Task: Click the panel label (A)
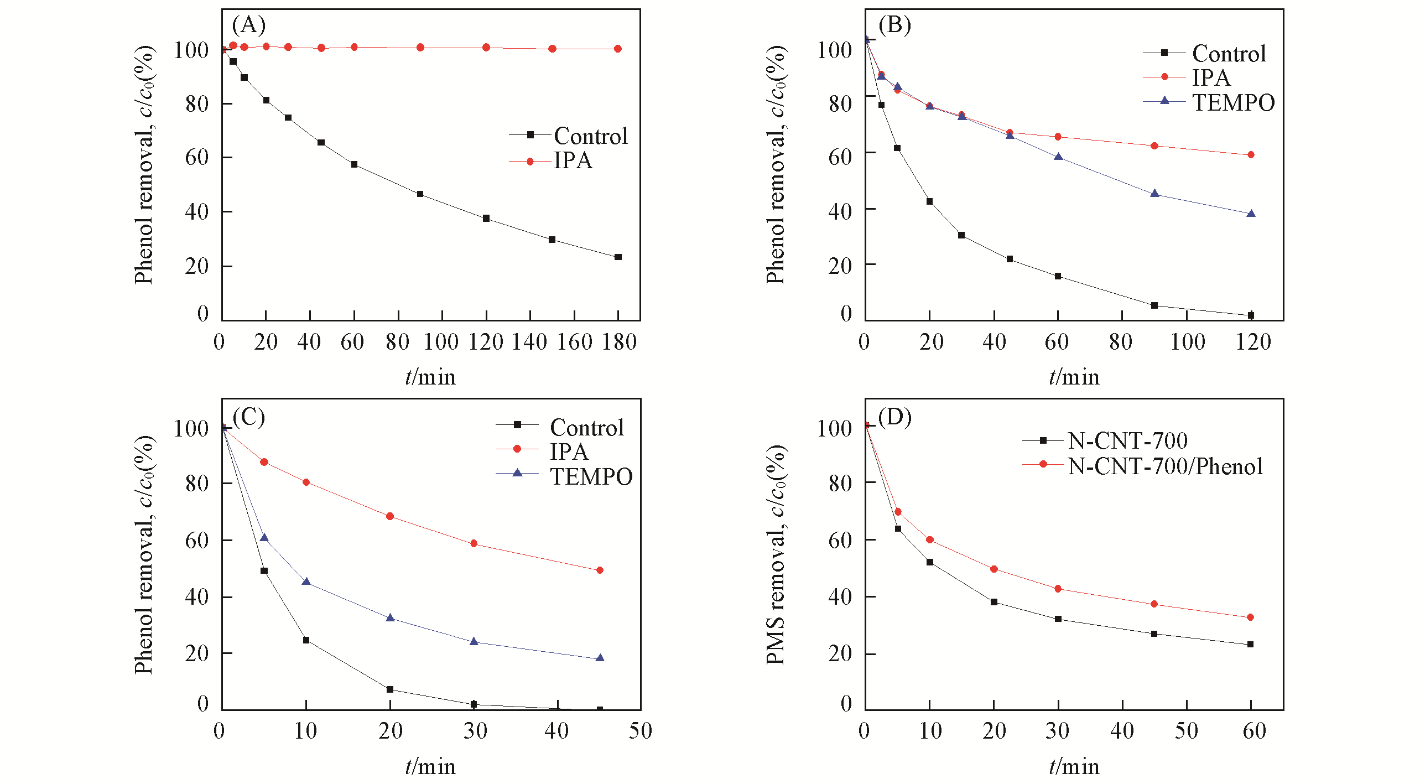pos(248,25)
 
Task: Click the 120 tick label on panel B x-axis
pos(1253,342)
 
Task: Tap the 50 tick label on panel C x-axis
pos(641,731)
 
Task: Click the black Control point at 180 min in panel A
pos(618,257)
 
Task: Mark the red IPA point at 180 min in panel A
pos(618,49)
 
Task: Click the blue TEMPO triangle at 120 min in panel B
pos(1251,214)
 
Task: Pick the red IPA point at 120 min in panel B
pos(1251,155)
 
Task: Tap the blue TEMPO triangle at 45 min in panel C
pos(600,658)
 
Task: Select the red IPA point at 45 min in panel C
pos(600,570)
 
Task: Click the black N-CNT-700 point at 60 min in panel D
pos(1251,645)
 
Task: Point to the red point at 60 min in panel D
pos(1251,617)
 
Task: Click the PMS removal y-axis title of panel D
pos(776,553)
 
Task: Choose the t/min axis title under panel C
pos(430,767)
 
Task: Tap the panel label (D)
pos(894,417)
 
